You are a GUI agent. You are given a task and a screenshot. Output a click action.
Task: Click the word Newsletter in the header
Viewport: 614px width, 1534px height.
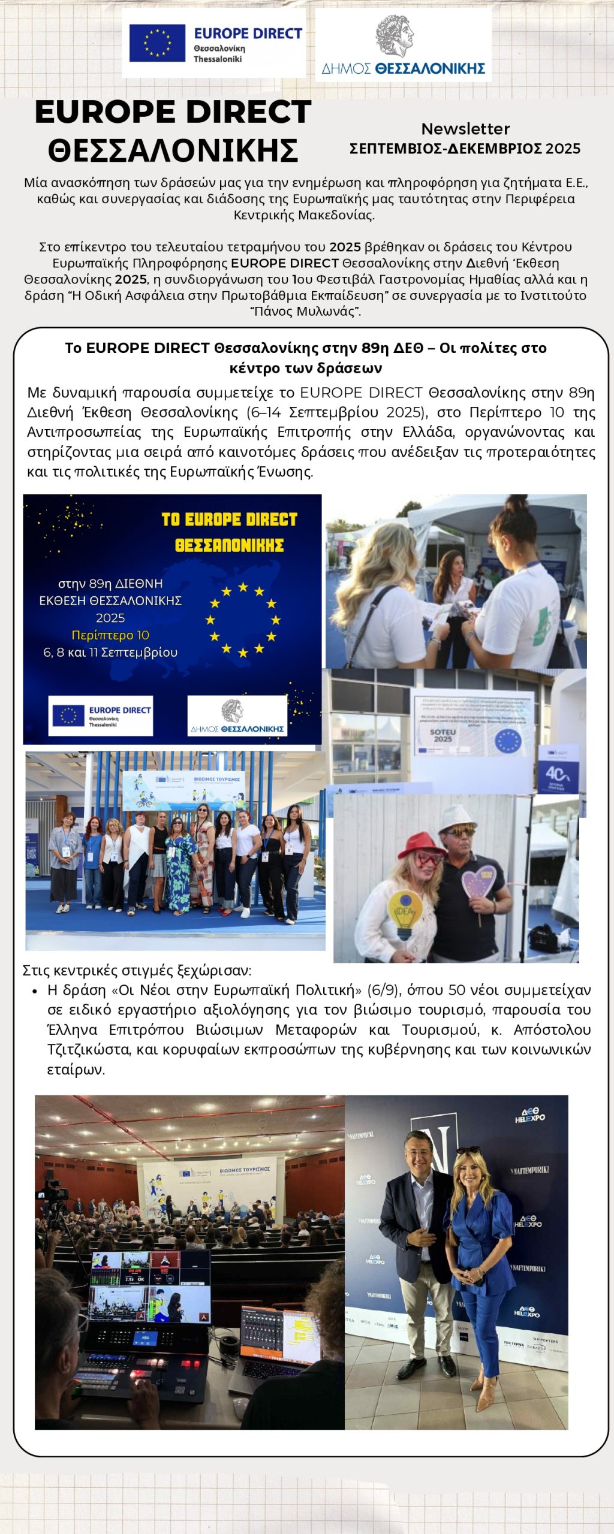pyautogui.click(x=465, y=129)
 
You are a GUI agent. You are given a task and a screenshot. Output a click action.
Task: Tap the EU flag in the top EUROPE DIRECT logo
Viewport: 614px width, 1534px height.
pyautogui.click(x=157, y=43)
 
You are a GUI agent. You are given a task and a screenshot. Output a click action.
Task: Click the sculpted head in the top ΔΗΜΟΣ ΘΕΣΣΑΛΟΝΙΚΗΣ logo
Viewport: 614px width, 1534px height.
pyautogui.click(x=395, y=35)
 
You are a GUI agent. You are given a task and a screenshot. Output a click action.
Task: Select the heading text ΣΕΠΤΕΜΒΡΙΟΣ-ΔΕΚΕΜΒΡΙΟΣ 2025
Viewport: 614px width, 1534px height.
pyautogui.click(x=465, y=149)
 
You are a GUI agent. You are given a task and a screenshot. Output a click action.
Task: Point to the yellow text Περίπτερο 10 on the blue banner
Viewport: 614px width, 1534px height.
pyautogui.click(x=110, y=635)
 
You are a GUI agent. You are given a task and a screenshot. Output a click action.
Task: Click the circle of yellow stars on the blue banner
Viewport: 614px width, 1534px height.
pyautogui.click(x=243, y=620)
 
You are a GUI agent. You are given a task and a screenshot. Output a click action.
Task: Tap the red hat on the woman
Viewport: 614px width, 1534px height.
pyautogui.click(x=421, y=845)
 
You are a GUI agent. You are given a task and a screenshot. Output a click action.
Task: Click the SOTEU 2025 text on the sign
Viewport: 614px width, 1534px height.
pyautogui.click(x=443, y=735)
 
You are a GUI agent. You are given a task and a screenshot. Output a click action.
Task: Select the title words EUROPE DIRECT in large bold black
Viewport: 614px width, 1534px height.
pyautogui.click(x=173, y=112)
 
